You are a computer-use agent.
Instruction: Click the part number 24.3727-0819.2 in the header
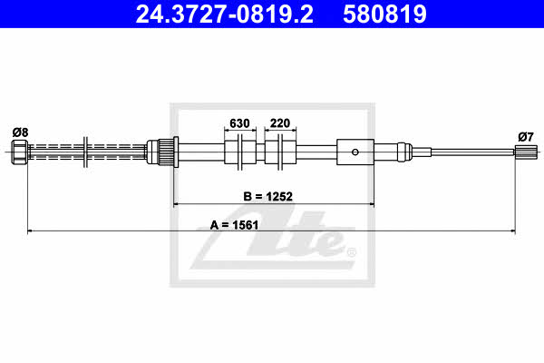point(224,14)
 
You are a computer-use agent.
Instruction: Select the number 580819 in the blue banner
point(384,14)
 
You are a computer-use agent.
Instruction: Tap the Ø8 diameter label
point(21,132)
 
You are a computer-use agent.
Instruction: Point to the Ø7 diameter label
point(526,137)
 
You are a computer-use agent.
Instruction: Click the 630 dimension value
point(239,123)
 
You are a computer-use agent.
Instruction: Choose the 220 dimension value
point(280,123)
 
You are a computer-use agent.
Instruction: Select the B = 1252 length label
point(267,196)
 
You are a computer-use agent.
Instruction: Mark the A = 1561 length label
point(235,225)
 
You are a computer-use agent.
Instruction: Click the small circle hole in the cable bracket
point(355,152)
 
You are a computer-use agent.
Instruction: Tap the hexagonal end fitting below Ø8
point(19,152)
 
